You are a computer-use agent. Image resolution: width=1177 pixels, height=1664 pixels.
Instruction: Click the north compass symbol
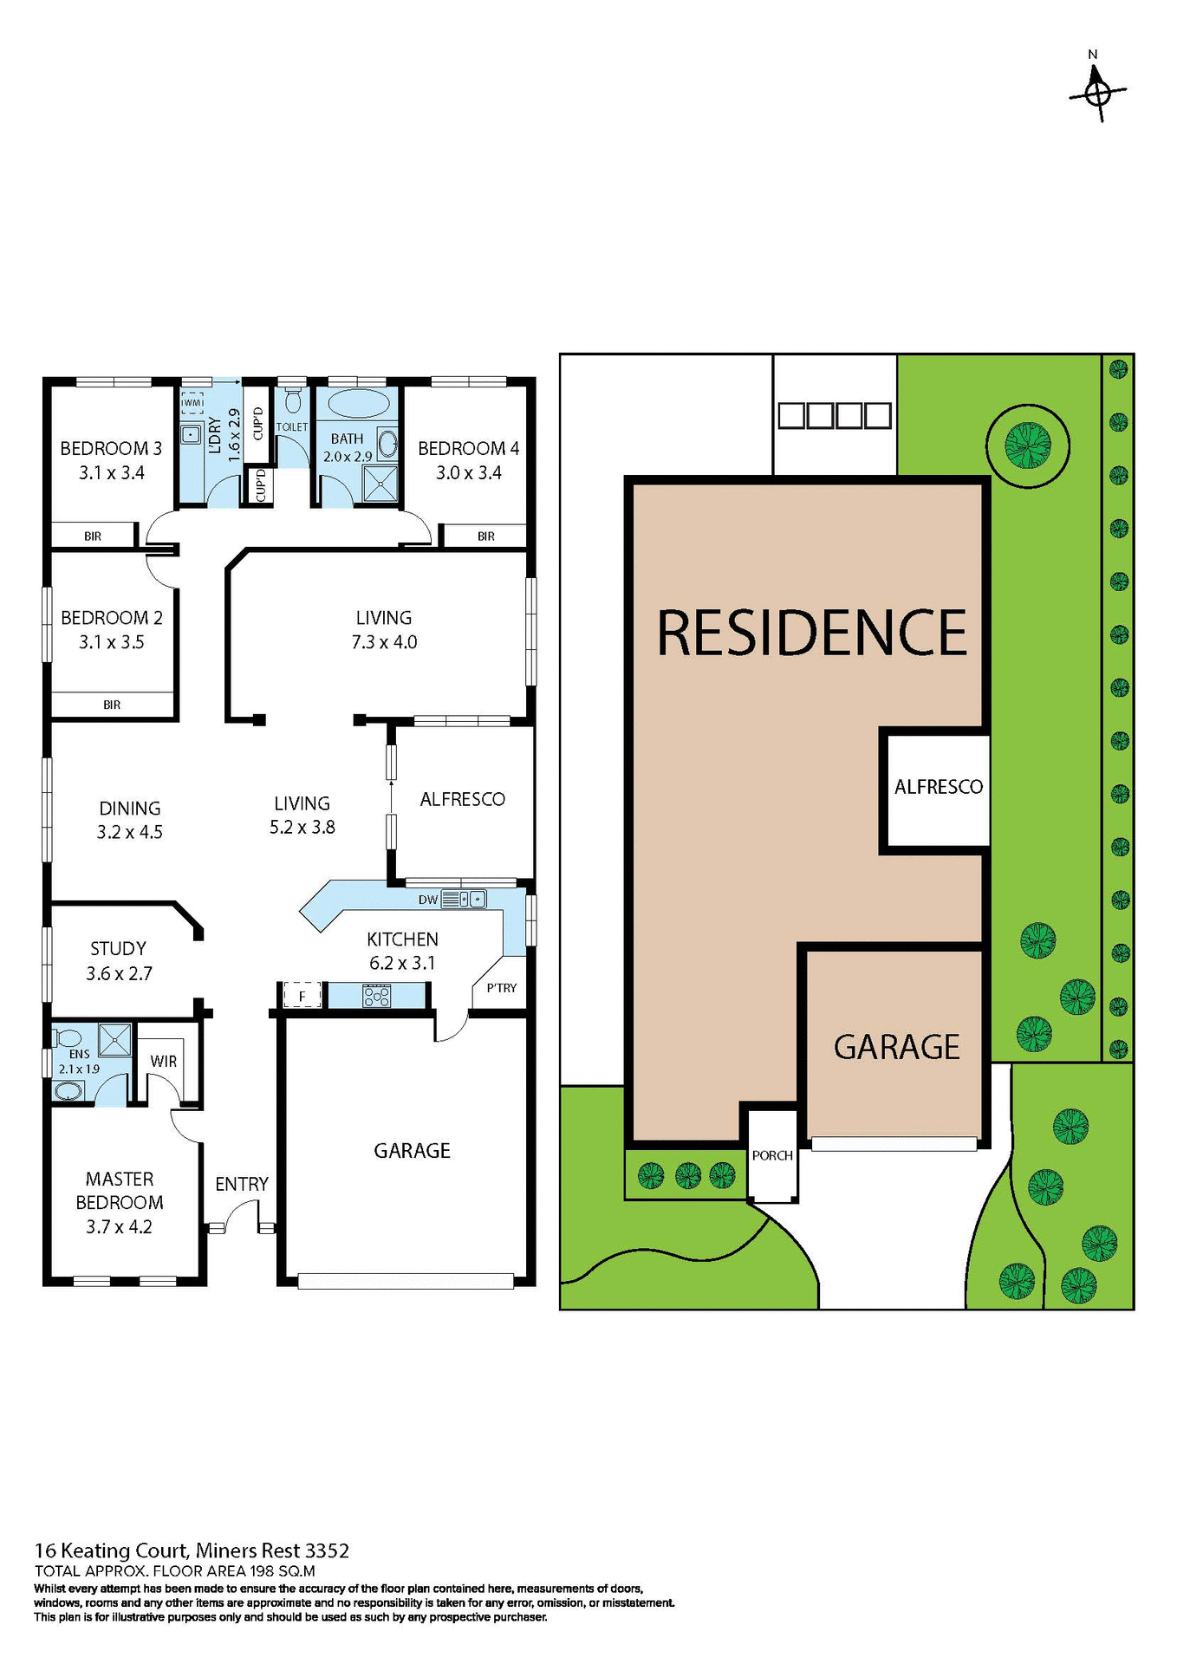(1097, 91)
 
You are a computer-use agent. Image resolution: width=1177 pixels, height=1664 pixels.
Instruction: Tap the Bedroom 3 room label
(111, 448)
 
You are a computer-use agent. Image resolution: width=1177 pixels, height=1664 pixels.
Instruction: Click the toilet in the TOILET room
(293, 400)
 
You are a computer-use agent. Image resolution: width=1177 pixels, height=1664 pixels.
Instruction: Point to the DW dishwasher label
(428, 900)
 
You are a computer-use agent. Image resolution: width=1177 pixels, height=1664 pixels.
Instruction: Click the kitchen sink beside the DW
(471, 900)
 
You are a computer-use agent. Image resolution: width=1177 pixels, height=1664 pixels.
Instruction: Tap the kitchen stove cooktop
(376, 996)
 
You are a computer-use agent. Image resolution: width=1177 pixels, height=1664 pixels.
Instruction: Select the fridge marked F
(302, 996)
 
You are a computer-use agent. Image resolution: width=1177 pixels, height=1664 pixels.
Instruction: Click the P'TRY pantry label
(501, 988)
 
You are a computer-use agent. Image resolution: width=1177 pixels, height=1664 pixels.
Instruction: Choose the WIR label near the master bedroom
(163, 1062)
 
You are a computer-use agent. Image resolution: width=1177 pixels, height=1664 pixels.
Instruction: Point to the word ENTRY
(242, 1184)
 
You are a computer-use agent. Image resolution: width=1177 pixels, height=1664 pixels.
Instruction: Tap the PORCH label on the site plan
(772, 1155)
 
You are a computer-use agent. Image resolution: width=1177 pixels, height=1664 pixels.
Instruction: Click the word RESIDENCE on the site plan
(811, 633)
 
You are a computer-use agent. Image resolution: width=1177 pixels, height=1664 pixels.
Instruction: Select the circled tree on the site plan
(1028, 446)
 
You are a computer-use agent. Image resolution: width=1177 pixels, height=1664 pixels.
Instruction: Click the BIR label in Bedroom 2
(112, 705)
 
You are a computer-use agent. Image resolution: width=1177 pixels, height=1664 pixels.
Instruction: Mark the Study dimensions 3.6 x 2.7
(119, 973)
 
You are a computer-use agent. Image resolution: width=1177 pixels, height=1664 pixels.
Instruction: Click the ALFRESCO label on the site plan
(939, 787)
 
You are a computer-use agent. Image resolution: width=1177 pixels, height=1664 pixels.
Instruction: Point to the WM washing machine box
(192, 403)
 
